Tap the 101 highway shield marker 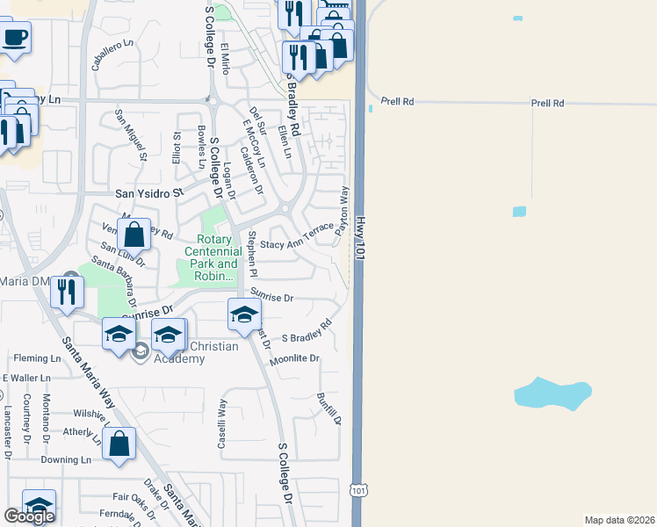(357, 491)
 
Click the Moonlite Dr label (294, 359)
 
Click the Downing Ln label (66, 459)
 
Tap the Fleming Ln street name (37, 358)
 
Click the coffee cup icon (15, 39)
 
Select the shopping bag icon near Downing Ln (119, 444)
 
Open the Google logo (29, 516)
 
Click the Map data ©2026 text (619, 520)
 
